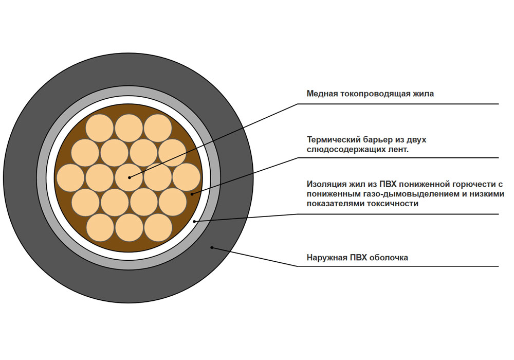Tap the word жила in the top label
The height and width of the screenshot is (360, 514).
click(425, 94)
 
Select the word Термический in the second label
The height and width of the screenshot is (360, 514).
click(334, 140)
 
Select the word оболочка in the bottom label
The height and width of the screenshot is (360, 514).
click(389, 257)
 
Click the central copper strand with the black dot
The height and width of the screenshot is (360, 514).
click(129, 177)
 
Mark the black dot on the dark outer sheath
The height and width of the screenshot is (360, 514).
click(212, 247)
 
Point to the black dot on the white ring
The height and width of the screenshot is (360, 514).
click(194, 221)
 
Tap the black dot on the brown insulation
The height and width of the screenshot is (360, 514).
click(192, 194)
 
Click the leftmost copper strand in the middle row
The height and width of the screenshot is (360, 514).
click(70, 177)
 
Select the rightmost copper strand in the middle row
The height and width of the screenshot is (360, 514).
click(187, 177)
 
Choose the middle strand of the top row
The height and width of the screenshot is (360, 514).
click(129, 128)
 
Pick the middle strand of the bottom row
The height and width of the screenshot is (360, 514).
click(129, 227)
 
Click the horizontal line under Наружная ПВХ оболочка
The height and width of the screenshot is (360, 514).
click(398, 266)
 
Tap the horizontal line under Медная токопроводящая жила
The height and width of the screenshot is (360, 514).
click(398, 104)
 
